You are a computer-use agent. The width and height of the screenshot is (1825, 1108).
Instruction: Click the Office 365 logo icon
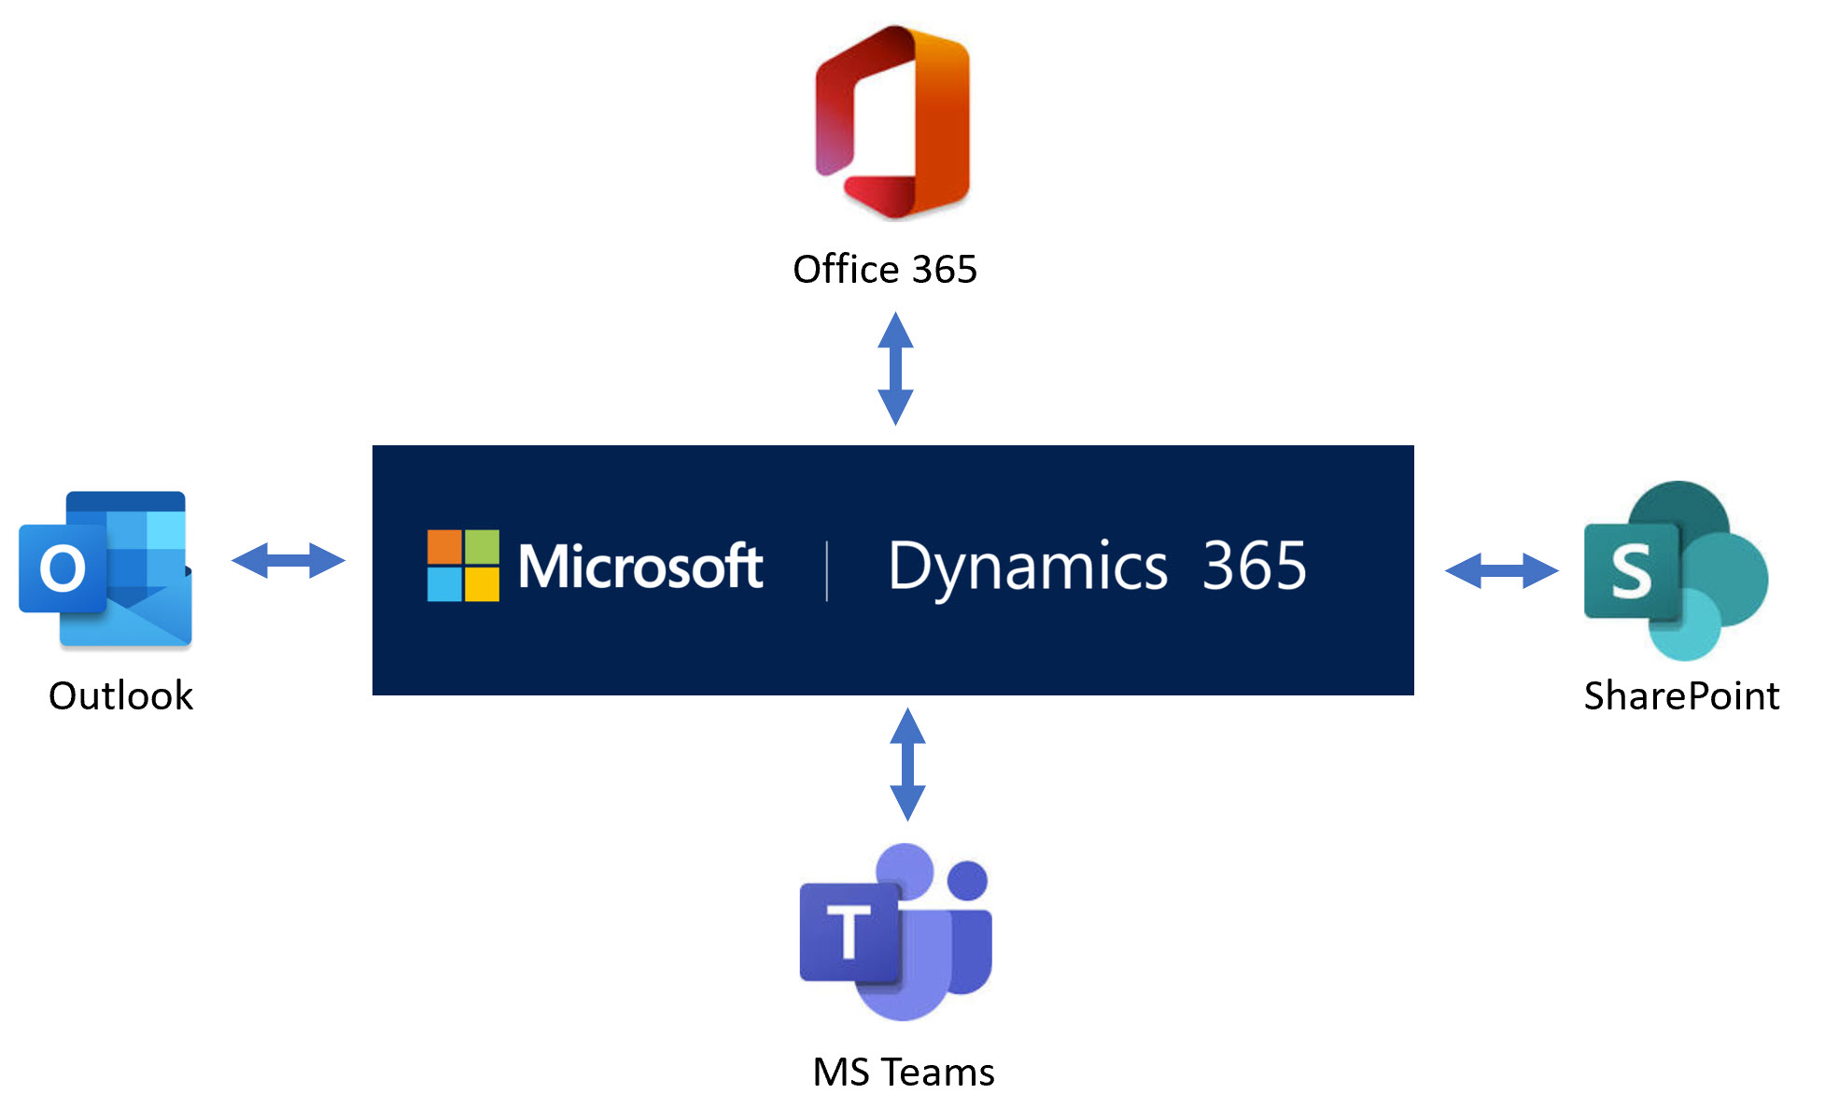click(892, 121)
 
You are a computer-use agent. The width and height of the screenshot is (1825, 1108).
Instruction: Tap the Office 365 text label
click(884, 270)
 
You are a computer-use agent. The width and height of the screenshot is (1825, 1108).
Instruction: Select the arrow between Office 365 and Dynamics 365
click(895, 369)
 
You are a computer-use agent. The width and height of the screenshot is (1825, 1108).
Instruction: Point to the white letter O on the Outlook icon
click(63, 568)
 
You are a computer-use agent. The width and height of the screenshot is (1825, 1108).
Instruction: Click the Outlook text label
click(120, 696)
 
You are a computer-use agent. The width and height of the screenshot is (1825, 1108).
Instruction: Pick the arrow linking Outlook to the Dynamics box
click(288, 561)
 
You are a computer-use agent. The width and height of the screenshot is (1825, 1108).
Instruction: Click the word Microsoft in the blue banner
click(640, 567)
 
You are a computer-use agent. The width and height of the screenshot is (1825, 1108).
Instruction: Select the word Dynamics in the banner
click(1027, 568)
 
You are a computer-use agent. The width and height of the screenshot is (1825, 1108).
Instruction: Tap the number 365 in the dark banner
click(1254, 567)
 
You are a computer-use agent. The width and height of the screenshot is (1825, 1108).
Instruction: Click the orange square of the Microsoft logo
click(444, 547)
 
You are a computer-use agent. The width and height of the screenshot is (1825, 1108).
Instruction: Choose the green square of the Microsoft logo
click(482, 547)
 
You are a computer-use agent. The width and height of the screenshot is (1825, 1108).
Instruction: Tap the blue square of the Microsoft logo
click(444, 584)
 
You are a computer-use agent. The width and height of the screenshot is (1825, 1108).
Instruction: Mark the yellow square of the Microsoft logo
click(482, 584)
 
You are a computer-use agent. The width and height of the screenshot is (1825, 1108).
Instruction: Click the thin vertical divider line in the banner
click(827, 570)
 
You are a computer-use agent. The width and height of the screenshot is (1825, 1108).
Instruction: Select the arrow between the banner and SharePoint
click(1501, 570)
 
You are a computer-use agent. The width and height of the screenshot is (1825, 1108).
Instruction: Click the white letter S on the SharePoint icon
click(1631, 572)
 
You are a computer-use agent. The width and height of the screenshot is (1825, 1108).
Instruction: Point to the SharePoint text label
click(1681, 696)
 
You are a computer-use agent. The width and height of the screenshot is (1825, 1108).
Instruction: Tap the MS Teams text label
click(903, 1073)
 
